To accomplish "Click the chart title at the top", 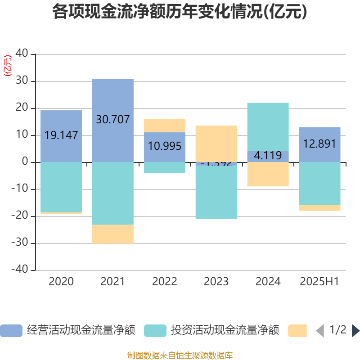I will click(x=180, y=12).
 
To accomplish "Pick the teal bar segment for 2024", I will click(x=268, y=126).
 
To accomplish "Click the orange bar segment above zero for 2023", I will click(x=216, y=143).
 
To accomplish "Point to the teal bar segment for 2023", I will click(x=216, y=193).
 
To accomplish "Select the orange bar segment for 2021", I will click(x=112, y=234).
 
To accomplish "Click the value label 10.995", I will click(x=164, y=146).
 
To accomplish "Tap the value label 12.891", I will click(x=319, y=144).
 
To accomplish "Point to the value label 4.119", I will click(x=268, y=156).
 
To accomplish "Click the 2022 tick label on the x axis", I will click(x=164, y=282).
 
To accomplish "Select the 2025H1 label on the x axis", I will click(x=319, y=282).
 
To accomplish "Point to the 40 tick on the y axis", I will click(x=22, y=54).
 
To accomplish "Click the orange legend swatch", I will click(x=297, y=331).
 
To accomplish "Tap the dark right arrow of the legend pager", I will click(x=355, y=331).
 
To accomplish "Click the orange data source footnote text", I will click(x=180, y=355).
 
